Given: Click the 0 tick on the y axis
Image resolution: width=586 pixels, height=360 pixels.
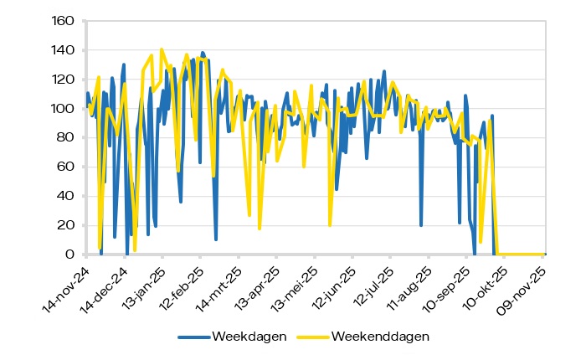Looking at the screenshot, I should point(69,255).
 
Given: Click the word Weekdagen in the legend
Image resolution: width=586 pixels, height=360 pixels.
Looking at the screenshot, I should point(249,337).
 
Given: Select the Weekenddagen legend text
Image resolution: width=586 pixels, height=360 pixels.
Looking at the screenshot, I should point(381,337).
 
